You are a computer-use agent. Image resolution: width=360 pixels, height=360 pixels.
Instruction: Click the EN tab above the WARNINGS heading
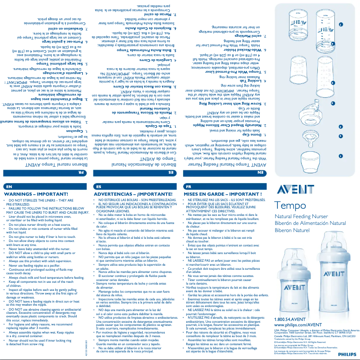point(9,186)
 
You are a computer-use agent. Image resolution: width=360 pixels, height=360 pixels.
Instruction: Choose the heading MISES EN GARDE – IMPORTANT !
point(217,194)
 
